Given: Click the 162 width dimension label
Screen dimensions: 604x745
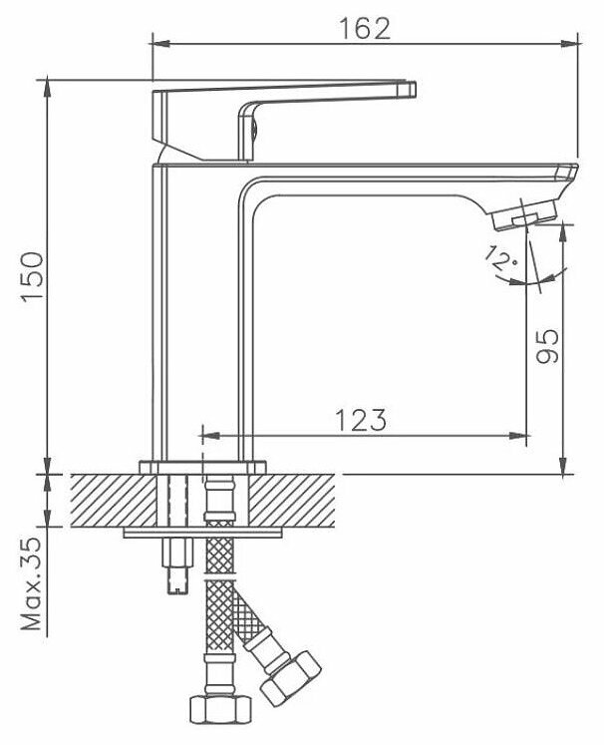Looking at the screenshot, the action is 365,29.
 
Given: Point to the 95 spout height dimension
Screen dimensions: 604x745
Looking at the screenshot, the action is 547,344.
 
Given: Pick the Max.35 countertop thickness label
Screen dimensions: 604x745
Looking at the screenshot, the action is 32,588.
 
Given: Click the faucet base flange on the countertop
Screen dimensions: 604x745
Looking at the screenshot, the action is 203,467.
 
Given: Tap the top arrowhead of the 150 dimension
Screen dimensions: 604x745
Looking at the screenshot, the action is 47,82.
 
